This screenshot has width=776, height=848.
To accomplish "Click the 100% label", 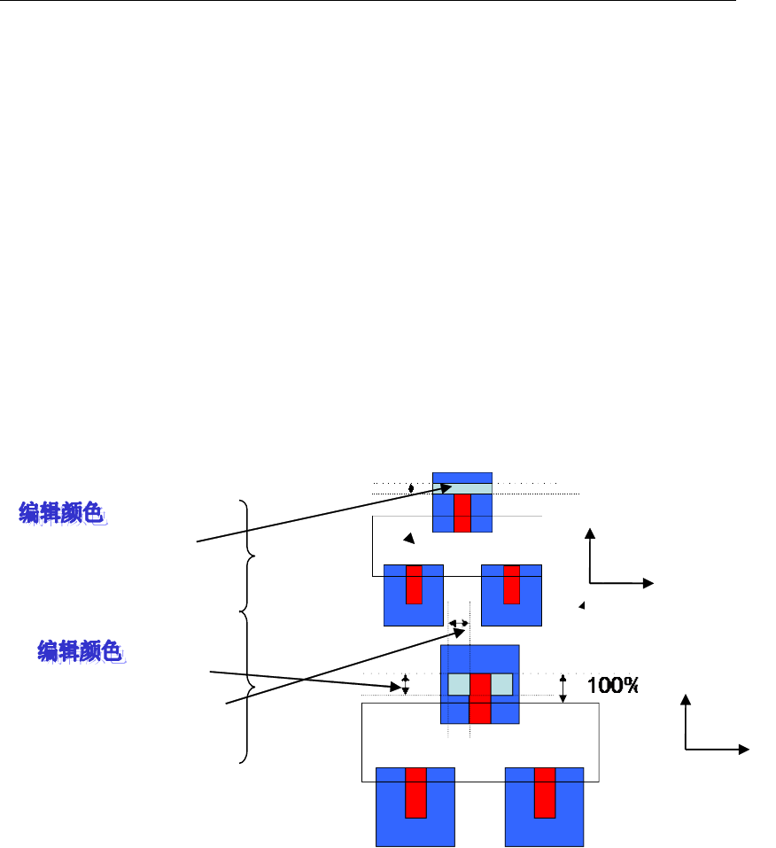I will pos(613,686).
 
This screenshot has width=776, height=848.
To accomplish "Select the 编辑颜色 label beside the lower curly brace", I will pos(81,651).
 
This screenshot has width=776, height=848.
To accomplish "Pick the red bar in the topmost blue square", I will pos(462,513).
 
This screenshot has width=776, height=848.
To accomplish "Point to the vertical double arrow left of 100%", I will pos(563,689).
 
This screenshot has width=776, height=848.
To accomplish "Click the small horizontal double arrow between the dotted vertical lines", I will pos(459,624).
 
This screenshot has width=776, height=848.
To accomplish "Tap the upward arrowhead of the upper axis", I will pos(589,533).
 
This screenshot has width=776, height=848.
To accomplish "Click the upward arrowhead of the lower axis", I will pos(685,701).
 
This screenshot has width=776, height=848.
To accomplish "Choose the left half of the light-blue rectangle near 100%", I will pos(458,684).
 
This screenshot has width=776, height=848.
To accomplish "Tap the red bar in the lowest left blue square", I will pos(415,793).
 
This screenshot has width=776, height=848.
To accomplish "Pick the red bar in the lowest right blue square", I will pos(544,793).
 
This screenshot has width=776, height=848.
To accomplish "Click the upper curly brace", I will pos(249,555).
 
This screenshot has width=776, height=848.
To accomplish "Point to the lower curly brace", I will pos(249,688).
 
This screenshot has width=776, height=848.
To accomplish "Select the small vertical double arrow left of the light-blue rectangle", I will pos(406,684).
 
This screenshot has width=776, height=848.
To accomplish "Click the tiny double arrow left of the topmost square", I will pos(411,488).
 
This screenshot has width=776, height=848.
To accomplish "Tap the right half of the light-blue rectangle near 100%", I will pos(501,684).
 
